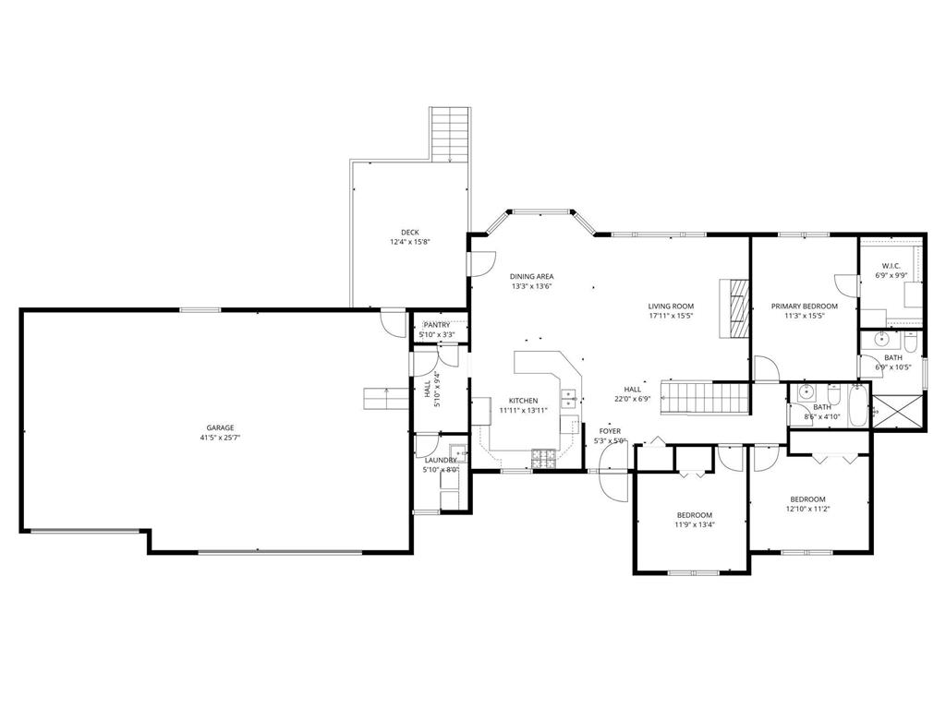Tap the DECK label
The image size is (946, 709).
(409, 232)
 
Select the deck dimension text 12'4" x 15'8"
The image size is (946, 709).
(409, 242)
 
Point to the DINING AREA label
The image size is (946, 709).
(531, 277)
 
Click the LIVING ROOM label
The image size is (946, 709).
(671, 306)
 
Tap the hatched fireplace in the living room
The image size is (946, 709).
(734, 308)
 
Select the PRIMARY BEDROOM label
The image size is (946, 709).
(805, 306)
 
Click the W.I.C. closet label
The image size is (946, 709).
(891, 266)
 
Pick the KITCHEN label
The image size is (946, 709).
(523, 401)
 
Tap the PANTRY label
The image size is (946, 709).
(436, 326)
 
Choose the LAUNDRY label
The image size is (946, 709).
(441, 461)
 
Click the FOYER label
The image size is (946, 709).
(610, 431)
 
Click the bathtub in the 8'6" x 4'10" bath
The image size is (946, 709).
(856, 406)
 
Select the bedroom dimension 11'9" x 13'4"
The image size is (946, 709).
(695, 524)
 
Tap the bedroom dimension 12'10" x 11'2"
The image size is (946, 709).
(807, 509)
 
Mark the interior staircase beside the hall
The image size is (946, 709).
(705, 397)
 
